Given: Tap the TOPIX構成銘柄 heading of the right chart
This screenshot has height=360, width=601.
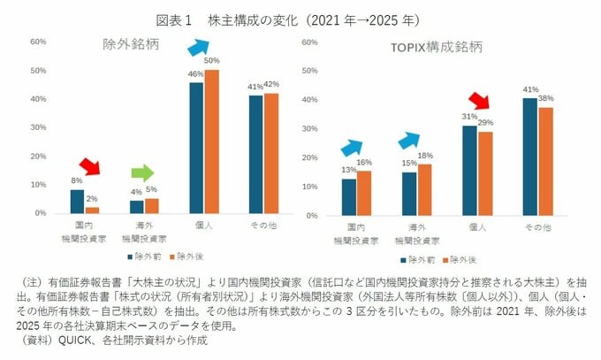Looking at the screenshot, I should pyautogui.click(x=432, y=46).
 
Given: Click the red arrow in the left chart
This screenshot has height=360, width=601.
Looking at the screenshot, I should pyautogui.click(x=89, y=165).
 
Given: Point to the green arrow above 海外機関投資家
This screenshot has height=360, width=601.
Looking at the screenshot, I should pyautogui.click(x=142, y=172).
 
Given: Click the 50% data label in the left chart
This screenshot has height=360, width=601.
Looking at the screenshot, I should pyautogui.click(x=211, y=59).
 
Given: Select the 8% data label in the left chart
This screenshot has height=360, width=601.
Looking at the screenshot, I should pyautogui.click(x=76, y=180).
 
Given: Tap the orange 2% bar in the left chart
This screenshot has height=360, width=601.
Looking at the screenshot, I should pyautogui.click(x=93, y=210).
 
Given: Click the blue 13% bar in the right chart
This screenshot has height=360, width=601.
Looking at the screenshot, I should pyautogui.click(x=348, y=195).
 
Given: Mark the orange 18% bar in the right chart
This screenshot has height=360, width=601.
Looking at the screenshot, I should pyautogui.click(x=423, y=188).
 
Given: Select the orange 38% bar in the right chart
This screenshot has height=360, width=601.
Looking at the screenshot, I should pyautogui.click(x=545, y=160).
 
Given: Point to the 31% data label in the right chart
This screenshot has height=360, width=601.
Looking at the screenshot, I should pyautogui.click(x=469, y=116).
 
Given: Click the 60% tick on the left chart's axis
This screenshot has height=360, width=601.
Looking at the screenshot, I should pyautogui.click(x=38, y=42).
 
